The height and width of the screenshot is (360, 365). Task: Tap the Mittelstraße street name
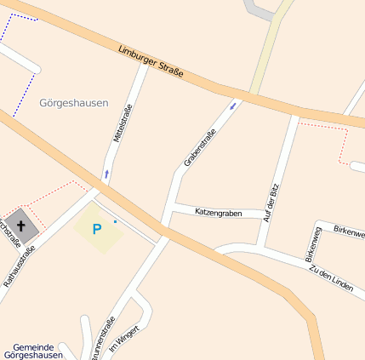(x=123, y=123)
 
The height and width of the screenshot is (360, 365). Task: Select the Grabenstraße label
(x=200, y=146)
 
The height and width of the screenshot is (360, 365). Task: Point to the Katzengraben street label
(x=219, y=212)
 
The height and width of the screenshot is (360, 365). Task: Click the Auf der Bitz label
(x=273, y=203)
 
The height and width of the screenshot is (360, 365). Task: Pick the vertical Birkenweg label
(x=313, y=243)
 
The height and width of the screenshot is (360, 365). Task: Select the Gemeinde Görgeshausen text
(x=33, y=351)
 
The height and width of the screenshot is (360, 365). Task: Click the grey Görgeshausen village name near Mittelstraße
(x=74, y=103)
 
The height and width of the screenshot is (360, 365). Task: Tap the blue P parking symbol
(x=96, y=229)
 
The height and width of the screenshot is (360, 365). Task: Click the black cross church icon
(x=21, y=226)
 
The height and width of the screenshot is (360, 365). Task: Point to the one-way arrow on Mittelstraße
(x=106, y=174)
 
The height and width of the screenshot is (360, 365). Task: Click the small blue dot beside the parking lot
(x=115, y=221)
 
